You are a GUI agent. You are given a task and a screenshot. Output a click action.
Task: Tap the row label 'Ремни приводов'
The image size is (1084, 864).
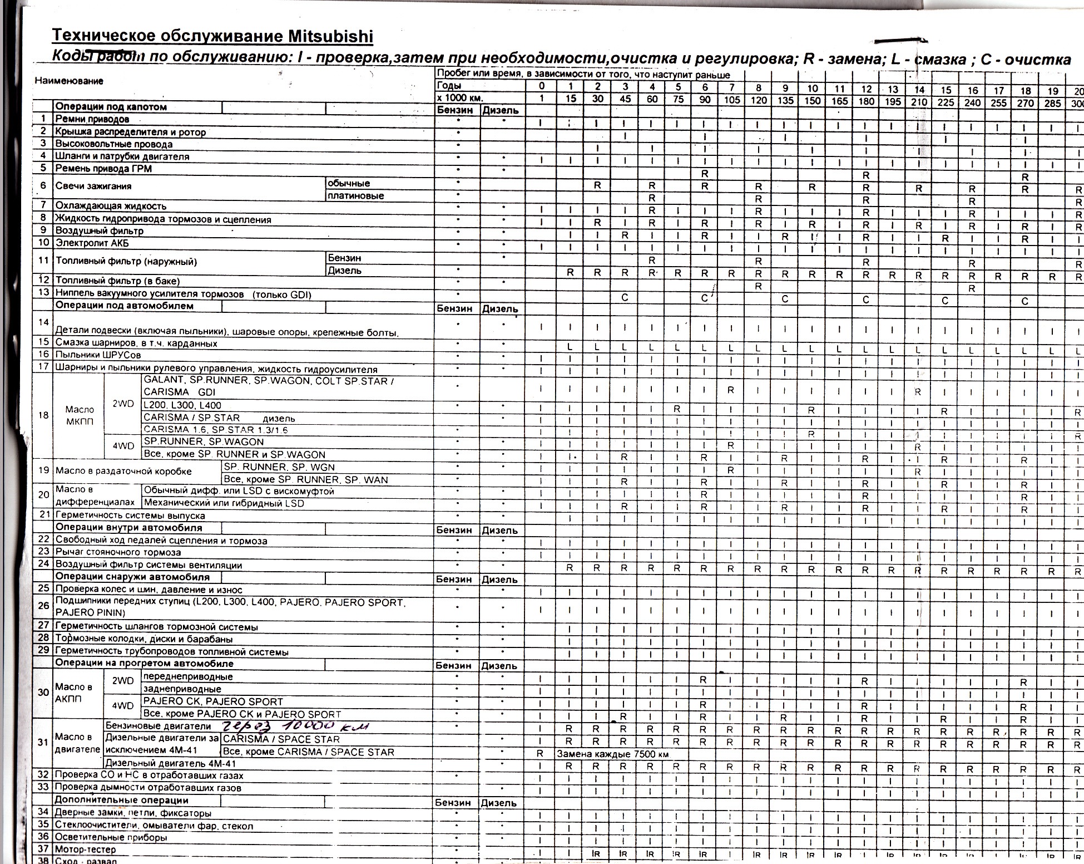(x=92, y=119)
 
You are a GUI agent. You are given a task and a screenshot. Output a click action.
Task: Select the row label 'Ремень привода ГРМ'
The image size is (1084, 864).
(x=103, y=169)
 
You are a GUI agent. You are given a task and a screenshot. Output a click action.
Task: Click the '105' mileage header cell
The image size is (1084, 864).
(x=731, y=101)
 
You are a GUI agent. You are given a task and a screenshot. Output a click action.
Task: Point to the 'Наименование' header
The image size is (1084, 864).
(x=69, y=81)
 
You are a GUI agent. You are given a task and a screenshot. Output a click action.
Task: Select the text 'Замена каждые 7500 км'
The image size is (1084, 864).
(x=612, y=754)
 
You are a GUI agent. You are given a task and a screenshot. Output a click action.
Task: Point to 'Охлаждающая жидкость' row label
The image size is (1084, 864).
(x=111, y=207)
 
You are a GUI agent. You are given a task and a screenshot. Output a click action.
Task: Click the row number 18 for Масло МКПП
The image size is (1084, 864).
(x=42, y=415)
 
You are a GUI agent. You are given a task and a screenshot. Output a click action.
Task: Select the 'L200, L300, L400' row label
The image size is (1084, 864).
(x=183, y=405)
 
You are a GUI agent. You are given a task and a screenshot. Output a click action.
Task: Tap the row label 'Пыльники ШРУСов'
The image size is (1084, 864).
(x=98, y=355)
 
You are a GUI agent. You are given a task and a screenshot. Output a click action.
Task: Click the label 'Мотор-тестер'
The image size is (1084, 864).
(x=86, y=850)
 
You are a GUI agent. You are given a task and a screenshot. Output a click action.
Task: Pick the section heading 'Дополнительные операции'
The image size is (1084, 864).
(x=122, y=801)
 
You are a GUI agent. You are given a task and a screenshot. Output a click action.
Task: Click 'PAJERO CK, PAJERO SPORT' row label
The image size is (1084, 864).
(x=214, y=701)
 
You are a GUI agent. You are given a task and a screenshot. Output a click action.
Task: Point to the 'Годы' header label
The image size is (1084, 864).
(x=449, y=86)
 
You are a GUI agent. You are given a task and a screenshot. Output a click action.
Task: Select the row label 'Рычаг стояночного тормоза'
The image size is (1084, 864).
(x=118, y=552)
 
